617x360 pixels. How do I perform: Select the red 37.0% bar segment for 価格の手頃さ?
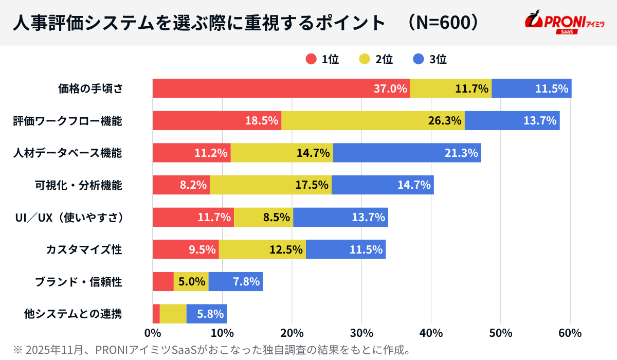281,88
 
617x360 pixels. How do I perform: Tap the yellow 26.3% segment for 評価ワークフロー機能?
373,121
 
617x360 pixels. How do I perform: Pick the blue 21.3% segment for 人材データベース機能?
407,153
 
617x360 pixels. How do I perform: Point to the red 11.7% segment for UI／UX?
193,217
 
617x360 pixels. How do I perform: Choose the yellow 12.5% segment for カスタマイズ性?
262,249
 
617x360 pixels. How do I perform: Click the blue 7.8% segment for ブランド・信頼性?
235,281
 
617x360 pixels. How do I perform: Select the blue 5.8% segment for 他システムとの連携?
206,314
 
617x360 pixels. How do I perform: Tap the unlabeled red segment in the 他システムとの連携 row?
156,314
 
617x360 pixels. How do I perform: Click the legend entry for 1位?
322,59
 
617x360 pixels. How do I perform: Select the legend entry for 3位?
430,59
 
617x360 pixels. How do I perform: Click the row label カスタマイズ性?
84,249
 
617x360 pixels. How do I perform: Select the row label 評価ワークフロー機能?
67,121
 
